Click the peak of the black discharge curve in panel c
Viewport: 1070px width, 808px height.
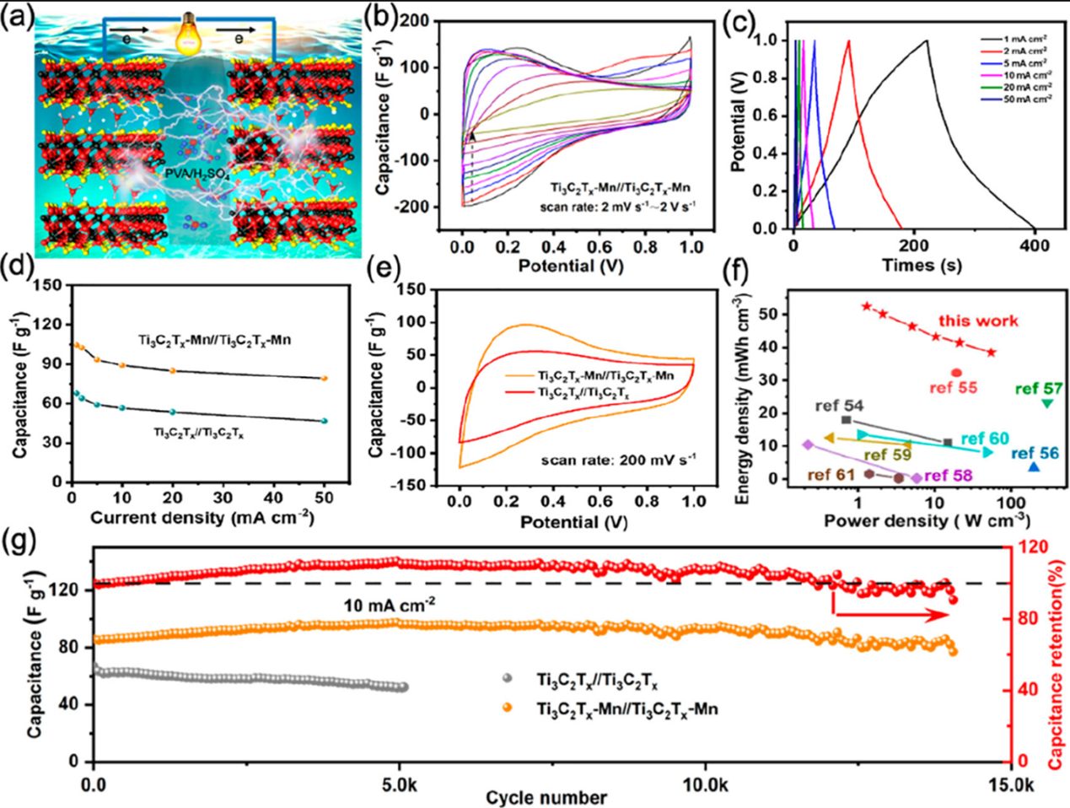pos(927,40)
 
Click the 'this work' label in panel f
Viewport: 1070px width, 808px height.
pos(978,321)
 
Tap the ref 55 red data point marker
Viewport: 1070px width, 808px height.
pos(956,372)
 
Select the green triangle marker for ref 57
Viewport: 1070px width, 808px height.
pos(1047,404)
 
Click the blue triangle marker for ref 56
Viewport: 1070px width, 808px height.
pos(1034,466)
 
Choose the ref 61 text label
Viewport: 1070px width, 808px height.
pos(831,474)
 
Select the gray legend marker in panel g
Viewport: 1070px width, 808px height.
pos(507,678)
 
